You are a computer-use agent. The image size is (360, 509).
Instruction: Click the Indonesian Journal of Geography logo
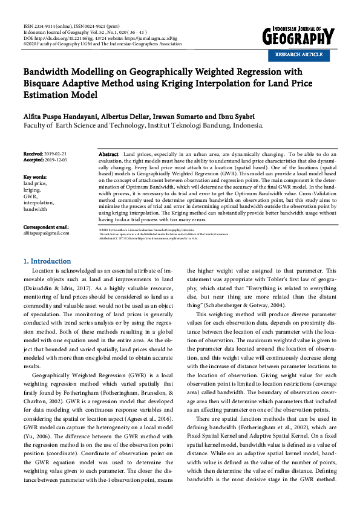click(298, 37)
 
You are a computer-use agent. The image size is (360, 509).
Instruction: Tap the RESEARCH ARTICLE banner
click(299, 54)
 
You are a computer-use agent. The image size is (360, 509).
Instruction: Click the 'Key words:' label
click(35, 177)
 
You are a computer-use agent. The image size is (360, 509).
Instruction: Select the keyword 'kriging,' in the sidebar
click(33, 190)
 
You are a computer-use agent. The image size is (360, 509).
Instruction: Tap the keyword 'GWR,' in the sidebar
click(30, 196)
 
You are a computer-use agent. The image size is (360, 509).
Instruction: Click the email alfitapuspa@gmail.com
click(46, 233)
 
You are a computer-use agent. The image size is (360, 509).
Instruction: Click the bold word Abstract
click(108, 155)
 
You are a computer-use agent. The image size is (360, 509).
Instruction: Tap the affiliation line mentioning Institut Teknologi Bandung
click(143, 126)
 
